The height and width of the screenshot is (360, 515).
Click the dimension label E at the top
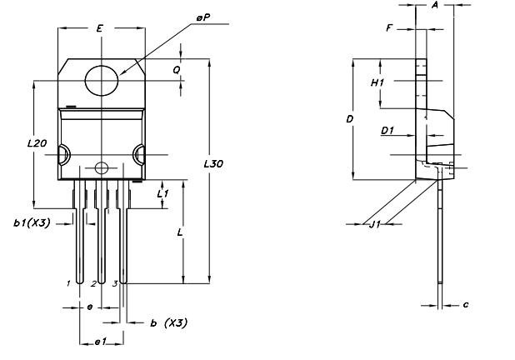99,29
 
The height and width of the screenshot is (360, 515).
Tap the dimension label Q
177,71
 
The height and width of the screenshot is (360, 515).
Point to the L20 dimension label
36,143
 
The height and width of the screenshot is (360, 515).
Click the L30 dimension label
213,164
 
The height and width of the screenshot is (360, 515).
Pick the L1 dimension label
163,193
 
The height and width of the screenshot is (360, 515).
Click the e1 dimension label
100,342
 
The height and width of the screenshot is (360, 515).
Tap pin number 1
68,283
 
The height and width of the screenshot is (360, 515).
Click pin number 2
93,283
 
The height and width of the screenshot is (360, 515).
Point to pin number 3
114,283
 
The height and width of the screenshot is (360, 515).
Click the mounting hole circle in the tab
102,80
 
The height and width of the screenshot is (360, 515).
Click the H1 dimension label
377,84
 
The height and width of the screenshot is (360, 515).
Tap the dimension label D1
387,131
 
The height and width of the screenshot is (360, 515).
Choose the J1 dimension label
376,223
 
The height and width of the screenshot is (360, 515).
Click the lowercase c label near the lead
466,305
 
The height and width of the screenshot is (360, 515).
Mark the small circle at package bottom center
101,167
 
